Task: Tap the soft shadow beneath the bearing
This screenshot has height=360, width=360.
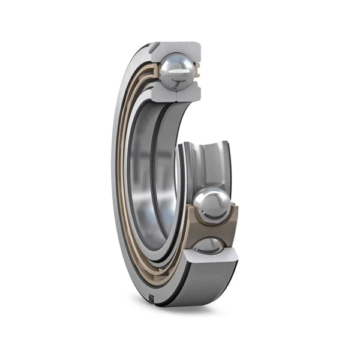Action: click(180, 312)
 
